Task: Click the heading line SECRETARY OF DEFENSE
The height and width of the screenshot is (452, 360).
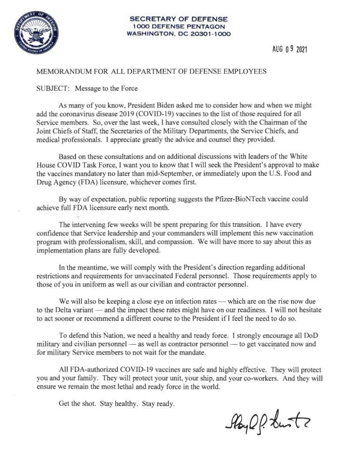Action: tap(179, 19)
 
